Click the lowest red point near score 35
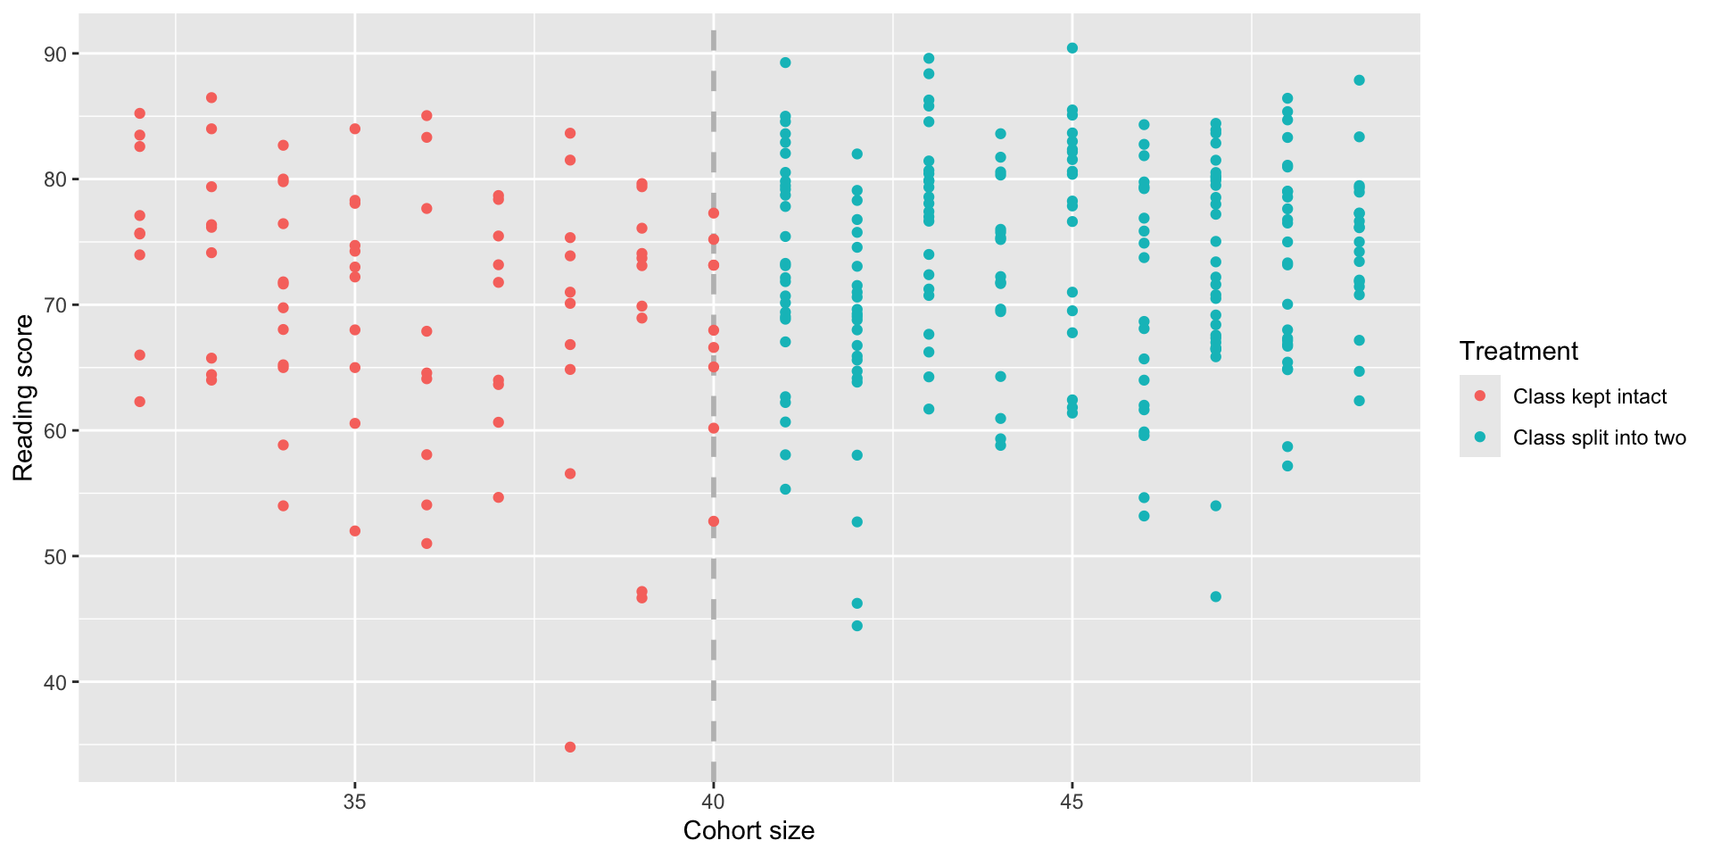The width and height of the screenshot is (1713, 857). [x=570, y=747]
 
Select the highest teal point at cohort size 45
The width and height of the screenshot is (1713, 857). [x=1072, y=48]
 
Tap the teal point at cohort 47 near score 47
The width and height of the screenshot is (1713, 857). [x=1215, y=596]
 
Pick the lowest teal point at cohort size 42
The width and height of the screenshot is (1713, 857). [x=857, y=626]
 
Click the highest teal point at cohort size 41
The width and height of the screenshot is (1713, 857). [x=785, y=62]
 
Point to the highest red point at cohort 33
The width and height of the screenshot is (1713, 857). [x=211, y=97]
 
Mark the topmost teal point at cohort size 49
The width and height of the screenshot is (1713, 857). [x=1359, y=80]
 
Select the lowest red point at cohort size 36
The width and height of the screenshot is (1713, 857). [x=426, y=544]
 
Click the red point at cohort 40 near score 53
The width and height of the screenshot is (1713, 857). [x=714, y=521]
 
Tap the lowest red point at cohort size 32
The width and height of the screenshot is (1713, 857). [x=139, y=402]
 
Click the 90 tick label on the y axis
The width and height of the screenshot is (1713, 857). [x=55, y=54]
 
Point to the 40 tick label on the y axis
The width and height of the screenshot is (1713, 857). [x=55, y=683]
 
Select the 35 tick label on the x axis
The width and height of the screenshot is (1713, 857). [x=355, y=802]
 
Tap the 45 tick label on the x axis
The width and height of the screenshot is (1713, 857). [x=1072, y=802]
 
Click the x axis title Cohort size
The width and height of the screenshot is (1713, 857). [x=749, y=831]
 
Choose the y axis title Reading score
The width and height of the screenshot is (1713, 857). [x=23, y=398]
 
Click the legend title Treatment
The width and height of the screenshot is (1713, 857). [x=1519, y=352]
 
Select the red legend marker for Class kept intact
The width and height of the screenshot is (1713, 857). [x=1480, y=395]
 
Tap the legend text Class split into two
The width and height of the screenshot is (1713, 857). [x=1599, y=437]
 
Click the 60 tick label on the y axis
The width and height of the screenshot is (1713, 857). [x=55, y=431]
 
